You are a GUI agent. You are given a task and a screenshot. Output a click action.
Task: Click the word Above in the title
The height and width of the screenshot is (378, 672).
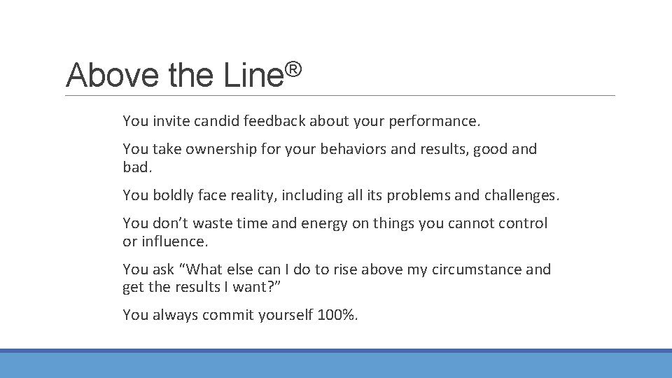(x=112, y=75)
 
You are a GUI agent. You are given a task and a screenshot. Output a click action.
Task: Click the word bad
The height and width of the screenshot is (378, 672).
(x=137, y=167)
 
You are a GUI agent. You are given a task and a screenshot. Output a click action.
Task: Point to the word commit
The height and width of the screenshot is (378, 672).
(x=228, y=315)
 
